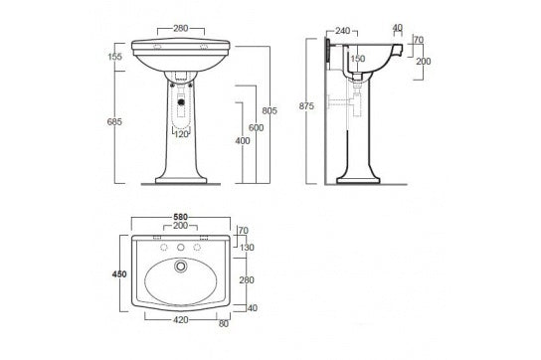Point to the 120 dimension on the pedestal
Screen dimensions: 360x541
(x=179, y=135)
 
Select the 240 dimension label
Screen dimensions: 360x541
(x=343, y=31)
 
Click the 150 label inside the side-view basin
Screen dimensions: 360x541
(x=356, y=60)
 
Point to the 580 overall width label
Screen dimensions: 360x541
(x=179, y=217)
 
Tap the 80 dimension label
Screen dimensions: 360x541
(x=223, y=323)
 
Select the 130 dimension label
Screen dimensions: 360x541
(x=247, y=248)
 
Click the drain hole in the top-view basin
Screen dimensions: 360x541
(x=179, y=266)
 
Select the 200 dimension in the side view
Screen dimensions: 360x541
(x=423, y=61)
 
